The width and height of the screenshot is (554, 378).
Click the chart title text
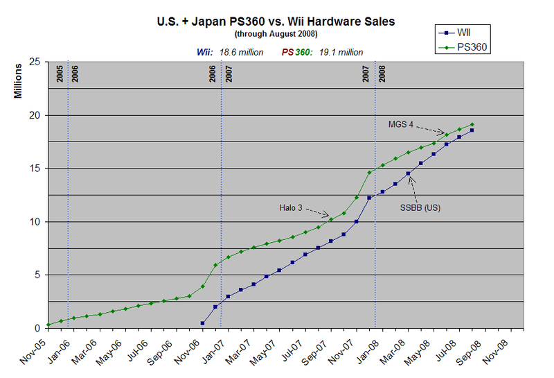click(x=276, y=22)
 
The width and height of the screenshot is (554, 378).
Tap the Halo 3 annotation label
click(x=292, y=207)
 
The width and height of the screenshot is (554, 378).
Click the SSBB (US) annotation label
click(x=421, y=207)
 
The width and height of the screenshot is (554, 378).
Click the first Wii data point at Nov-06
click(x=202, y=323)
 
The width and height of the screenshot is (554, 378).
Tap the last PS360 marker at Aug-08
click(x=472, y=125)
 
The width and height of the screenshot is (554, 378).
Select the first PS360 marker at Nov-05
click(x=48, y=325)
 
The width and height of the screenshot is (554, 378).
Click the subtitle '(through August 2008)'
click(x=276, y=34)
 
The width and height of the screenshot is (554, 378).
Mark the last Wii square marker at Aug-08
click(x=472, y=130)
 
